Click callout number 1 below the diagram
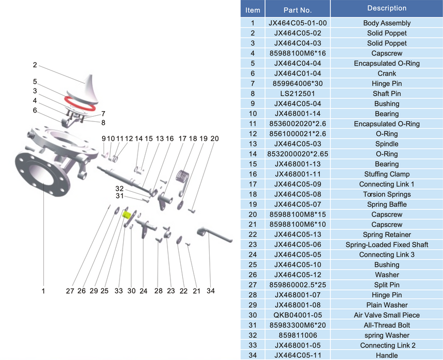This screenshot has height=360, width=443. (x=43, y=291)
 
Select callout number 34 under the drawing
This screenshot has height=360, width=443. (x=211, y=291)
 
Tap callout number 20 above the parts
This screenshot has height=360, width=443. (x=215, y=138)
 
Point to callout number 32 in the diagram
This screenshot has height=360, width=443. (x=120, y=188)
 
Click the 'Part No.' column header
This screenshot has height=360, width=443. (x=298, y=10)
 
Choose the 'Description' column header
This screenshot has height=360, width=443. (x=386, y=8)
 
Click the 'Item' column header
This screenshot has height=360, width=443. (x=253, y=10)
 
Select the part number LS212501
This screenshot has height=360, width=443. (x=298, y=94)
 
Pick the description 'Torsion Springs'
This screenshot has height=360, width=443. (x=386, y=194)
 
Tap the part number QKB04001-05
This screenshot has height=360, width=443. (x=298, y=315)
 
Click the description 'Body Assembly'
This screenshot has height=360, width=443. (x=386, y=23)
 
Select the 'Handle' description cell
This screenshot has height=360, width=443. (x=386, y=355)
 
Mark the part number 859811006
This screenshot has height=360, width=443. (x=298, y=335)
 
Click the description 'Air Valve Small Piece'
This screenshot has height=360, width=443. (x=386, y=315)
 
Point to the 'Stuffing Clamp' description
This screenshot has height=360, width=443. (x=386, y=174)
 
